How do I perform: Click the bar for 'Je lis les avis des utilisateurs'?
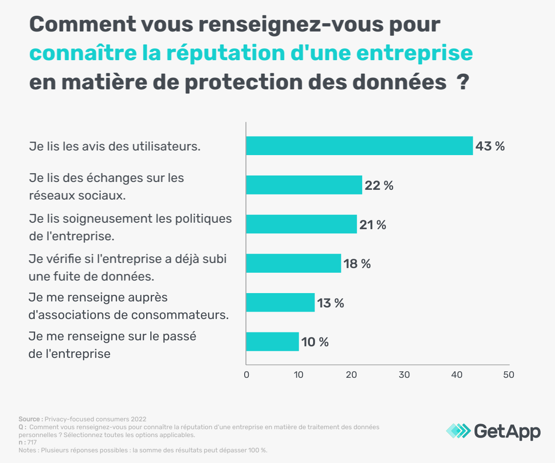pyautogui.click(x=359, y=145)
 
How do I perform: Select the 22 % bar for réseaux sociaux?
pyautogui.click(x=304, y=185)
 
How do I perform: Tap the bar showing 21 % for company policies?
pyautogui.click(x=301, y=224)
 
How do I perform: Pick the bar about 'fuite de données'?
pyautogui.click(x=293, y=263)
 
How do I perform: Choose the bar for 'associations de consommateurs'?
pyautogui.click(x=280, y=302)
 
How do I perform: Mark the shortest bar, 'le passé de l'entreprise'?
pyautogui.click(x=272, y=342)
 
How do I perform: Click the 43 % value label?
pyautogui.click(x=490, y=146)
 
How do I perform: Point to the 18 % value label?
pyautogui.click(x=357, y=264)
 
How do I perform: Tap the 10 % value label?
pyautogui.click(x=315, y=342)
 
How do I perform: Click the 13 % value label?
pyautogui.click(x=331, y=303)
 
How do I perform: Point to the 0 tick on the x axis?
pyautogui.click(x=247, y=375)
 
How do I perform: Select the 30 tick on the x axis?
pyautogui.click(x=404, y=375)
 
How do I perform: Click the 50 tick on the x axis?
pyautogui.click(x=508, y=375)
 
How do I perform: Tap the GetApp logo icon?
pyautogui.click(x=458, y=431)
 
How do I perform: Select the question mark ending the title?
pyautogui.click(x=461, y=83)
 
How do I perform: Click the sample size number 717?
pyautogui.click(x=32, y=443)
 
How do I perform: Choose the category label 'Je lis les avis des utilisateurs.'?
pyautogui.click(x=115, y=146)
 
